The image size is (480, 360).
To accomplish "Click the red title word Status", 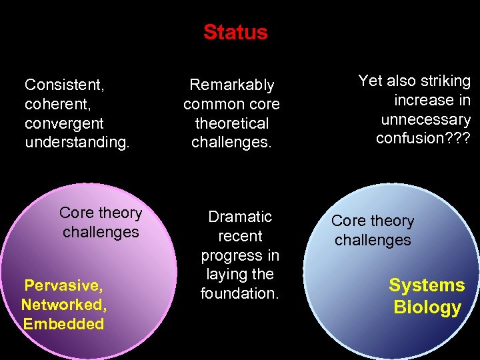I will click(235, 32).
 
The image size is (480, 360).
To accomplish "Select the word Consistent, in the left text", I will click(65, 85).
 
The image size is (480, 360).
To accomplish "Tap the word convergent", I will click(64, 123).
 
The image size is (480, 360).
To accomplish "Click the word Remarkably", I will click(231, 85).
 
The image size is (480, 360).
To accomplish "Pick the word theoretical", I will click(231, 123).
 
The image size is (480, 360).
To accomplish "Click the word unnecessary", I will click(425, 119).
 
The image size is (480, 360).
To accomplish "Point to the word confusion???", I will click(423, 139).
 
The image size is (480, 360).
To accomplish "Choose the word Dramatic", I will click(240, 217).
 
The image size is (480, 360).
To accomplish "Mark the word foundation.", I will click(239, 293).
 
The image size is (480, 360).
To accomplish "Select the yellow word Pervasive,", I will click(63, 286).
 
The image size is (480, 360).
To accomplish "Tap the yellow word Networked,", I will click(63, 305).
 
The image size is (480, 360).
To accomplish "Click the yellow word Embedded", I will click(63, 325).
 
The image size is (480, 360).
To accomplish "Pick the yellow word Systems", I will click(427, 285).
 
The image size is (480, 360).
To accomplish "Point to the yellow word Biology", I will click(427, 307).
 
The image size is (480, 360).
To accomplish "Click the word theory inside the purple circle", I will click(119, 213).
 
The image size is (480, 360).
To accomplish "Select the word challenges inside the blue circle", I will click(373, 240).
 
